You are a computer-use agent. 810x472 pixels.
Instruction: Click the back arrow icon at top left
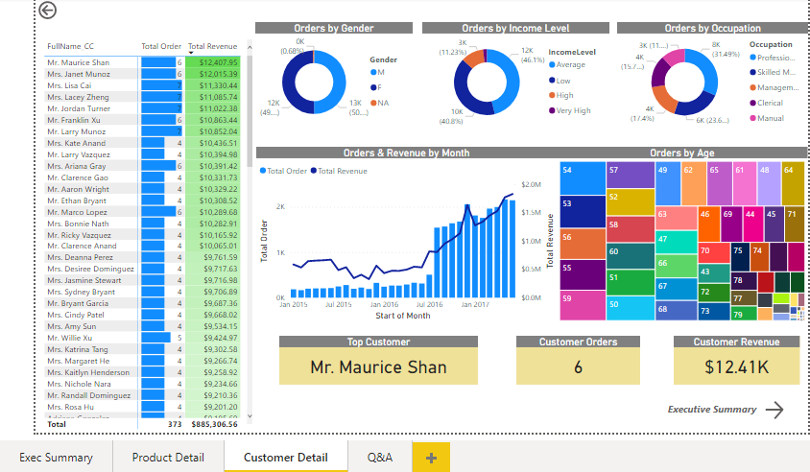pos(48,11)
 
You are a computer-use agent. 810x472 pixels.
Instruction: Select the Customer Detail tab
pos(285,458)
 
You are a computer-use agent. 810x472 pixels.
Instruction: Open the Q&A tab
pos(379,458)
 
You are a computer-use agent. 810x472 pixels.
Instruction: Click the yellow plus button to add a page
pos(431,458)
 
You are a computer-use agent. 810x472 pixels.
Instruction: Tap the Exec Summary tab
pos(56,458)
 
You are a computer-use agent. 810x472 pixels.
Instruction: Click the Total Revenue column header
pos(212,46)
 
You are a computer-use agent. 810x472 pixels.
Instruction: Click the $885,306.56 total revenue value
pos(213,423)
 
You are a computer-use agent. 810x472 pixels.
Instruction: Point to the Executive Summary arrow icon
pos(774,410)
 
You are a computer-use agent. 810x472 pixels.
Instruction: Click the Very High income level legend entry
pos(573,111)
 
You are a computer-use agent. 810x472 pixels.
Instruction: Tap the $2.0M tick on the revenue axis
pos(532,184)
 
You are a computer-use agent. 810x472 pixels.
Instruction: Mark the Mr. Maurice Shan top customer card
pos(378,366)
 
